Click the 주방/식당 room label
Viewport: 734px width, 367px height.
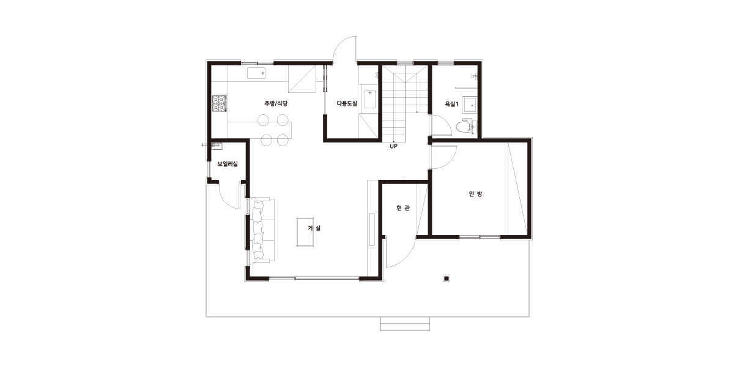[x=276, y=103]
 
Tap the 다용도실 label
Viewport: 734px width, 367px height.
[x=347, y=103]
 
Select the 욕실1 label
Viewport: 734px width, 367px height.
[x=451, y=104]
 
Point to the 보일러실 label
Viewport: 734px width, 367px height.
[x=228, y=164]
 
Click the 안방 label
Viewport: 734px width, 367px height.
[x=475, y=194]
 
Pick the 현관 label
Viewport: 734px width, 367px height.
[x=402, y=208]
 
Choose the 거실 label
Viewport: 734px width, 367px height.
[x=314, y=228]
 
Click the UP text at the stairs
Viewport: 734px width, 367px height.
[x=393, y=146]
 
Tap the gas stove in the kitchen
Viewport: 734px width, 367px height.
[x=219, y=103]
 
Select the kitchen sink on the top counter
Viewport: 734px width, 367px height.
[x=256, y=73]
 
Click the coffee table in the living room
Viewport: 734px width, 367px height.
[x=305, y=232]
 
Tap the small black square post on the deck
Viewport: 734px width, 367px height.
[x=447, y=278]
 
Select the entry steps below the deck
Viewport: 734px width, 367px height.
[x=405, y=324]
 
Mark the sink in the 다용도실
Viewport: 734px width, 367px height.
[x=370, y=98]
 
